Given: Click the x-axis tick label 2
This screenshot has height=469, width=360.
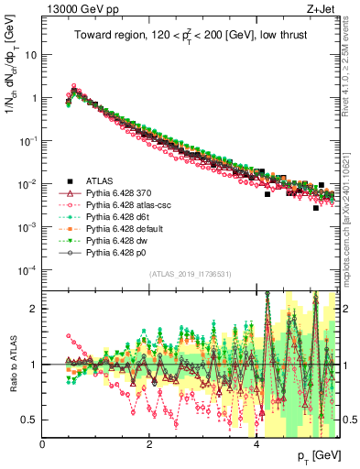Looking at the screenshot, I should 149,444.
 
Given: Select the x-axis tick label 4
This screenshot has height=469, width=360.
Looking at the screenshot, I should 256,444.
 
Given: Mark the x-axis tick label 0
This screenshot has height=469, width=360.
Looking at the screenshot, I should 42,444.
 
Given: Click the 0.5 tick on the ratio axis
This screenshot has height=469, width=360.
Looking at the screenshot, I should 30,420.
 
